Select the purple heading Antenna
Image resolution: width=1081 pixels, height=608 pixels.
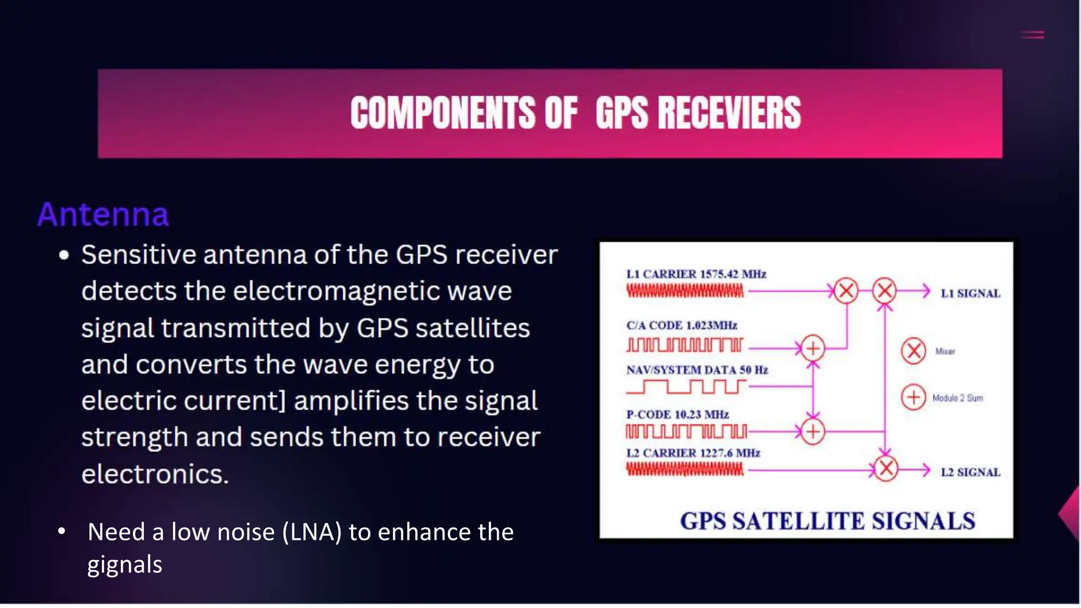tap(103, 214)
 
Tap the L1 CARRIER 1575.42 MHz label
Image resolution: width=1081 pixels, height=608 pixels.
tap(696, 274)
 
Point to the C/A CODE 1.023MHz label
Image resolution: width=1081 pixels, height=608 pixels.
tap(681, 325)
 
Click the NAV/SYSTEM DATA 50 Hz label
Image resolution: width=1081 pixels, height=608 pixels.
tap(697, 370)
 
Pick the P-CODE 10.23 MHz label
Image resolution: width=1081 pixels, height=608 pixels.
tap(677, 414)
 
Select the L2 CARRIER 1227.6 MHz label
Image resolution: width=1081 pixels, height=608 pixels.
tap(693, 453)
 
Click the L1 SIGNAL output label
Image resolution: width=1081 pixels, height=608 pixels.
tap(970, 293)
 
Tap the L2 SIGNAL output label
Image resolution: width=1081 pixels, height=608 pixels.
tap(970, 472)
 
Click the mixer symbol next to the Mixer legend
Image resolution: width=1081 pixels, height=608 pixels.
tap(914, 351)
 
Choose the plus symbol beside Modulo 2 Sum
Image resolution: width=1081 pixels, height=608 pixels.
tap(914, 397)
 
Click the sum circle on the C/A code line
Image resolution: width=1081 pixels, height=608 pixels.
tap(813, 348)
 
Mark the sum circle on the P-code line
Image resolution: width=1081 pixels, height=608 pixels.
tap(813, 432)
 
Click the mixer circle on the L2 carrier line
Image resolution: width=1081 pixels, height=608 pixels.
tap(886, 469)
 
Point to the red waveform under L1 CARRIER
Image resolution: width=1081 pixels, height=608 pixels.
tap(685, 291)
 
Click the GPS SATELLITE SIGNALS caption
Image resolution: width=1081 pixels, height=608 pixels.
tap(827, 521)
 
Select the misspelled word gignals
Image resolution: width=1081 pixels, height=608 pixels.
tap(125, 565)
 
